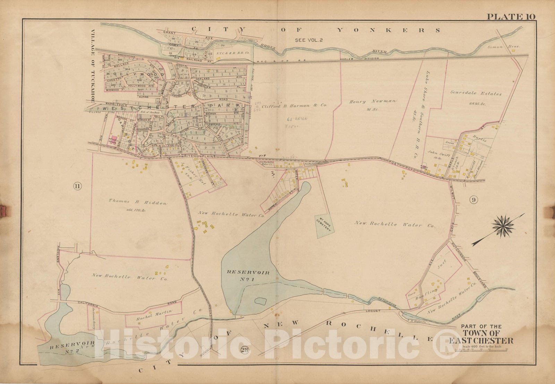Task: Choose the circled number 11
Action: click(77, 187)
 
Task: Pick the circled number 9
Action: click(474, 200)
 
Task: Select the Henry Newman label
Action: click(373, 101)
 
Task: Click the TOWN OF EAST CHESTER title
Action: click(481, 337)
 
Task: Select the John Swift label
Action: click(436, 152)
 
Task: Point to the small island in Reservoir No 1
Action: click(260, 301)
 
